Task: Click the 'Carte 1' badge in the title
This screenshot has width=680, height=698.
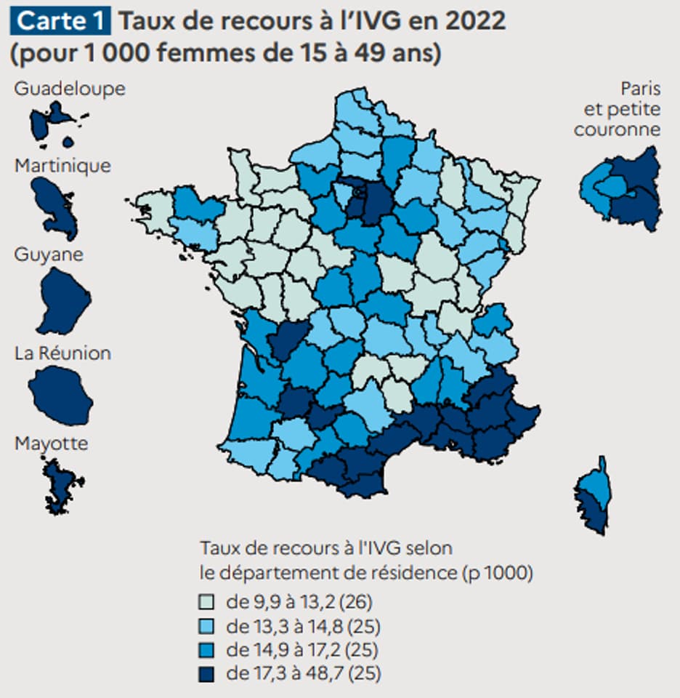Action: point(60,21)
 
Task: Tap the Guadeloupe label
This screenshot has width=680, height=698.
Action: point(70,89)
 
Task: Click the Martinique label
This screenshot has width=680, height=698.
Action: point(62,166)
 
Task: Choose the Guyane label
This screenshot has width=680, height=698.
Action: point(49,255)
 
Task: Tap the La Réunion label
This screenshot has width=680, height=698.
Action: point(62,353)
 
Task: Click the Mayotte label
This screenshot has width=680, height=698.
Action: point(51,444)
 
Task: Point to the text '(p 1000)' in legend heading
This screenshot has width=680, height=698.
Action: point(498,573)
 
